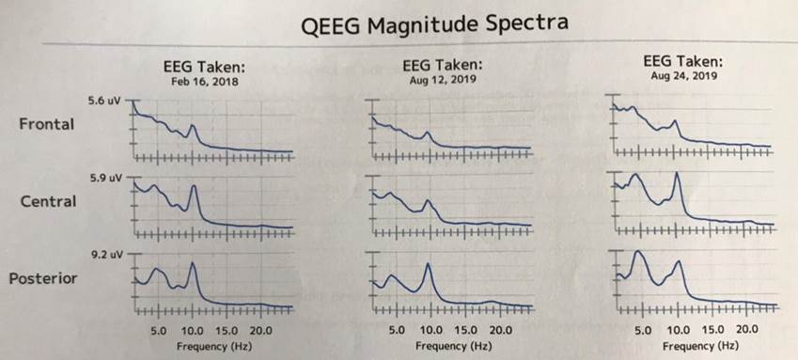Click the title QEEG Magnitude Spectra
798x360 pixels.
(435, 23)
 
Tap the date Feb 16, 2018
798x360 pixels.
(205, 82)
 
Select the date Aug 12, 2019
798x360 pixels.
(442, 80)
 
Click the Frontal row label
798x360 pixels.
(46, 124)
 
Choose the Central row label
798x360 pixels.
(47, 201)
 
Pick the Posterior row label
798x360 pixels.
(43, 278)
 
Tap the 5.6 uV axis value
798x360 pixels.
(104, 100)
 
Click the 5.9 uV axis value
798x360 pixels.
(104, 177)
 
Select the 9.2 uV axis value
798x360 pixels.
(104, 254)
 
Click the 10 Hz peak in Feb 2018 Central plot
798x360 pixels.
(194, 186)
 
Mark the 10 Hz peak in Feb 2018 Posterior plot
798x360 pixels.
(193, 264)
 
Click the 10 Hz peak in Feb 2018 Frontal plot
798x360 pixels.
(193, 125)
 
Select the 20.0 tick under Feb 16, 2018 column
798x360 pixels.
(260, 331)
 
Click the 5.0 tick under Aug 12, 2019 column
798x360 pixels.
(397, 331)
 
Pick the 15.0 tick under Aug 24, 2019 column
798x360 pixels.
(712, 330)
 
